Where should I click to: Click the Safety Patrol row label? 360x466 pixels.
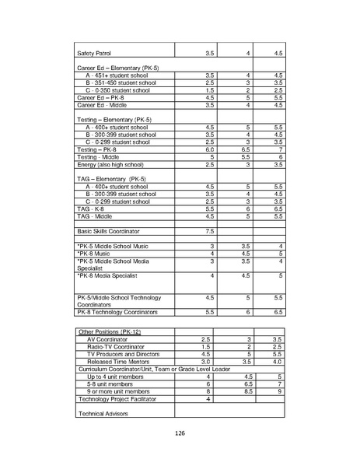point(96,53)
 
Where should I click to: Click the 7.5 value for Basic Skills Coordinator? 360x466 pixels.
point(209,231)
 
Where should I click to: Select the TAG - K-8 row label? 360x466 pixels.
point(92,209)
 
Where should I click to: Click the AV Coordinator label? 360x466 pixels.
point(113,338)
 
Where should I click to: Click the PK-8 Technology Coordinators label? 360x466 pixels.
point(117,311)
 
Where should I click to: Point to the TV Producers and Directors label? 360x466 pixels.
point(124,353)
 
